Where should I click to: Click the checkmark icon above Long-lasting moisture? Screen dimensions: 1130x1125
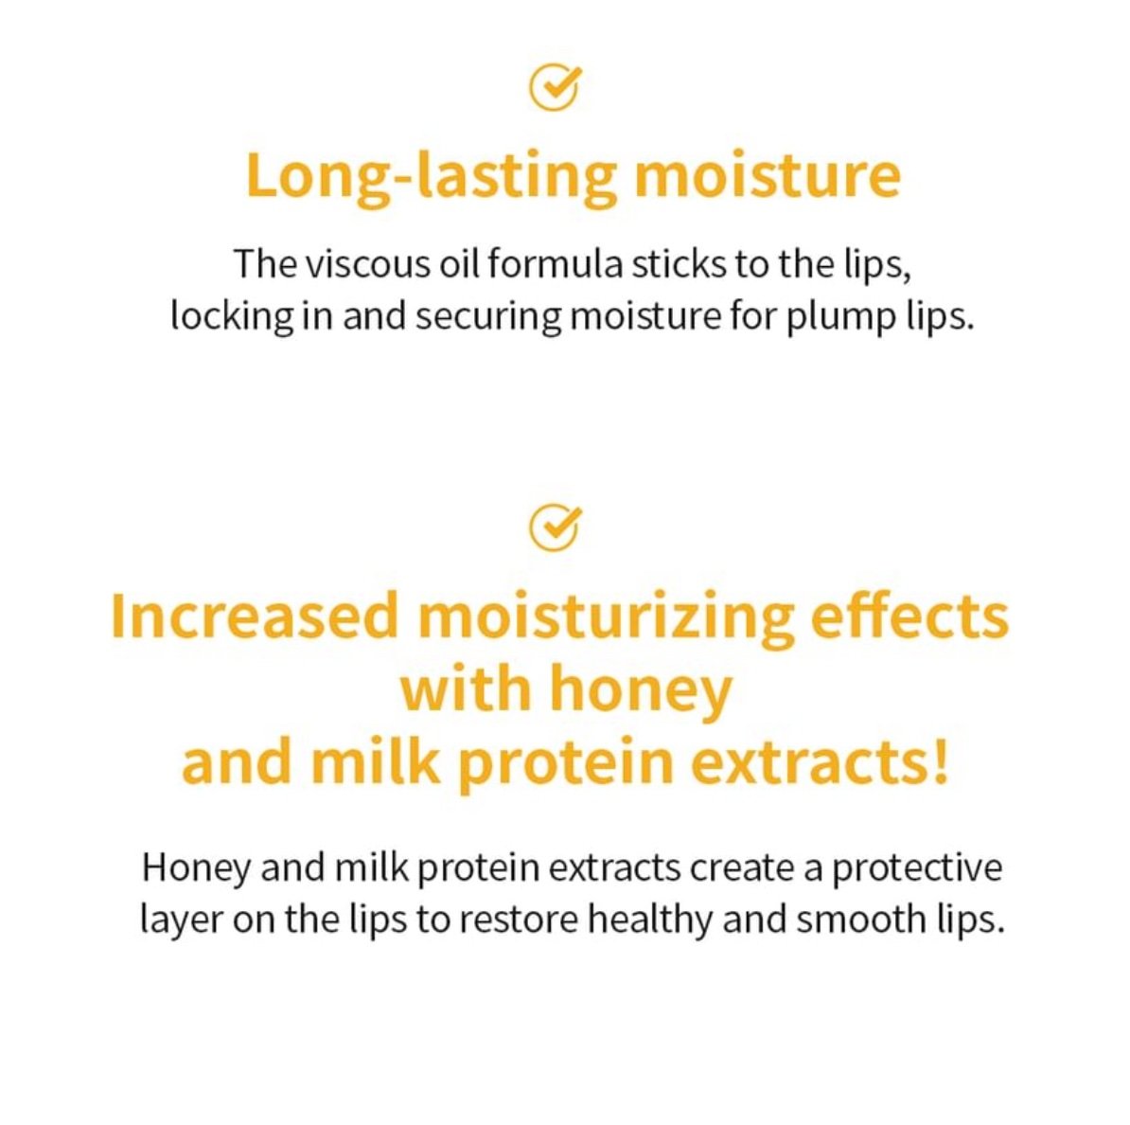(x=554, y=88)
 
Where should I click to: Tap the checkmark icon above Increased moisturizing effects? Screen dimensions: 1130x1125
(x=554, y=527)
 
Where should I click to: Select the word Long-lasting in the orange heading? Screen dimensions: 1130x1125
(x=431, y=177)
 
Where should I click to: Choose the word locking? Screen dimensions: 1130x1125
(x=232, y=317)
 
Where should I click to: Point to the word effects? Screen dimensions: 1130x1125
(x=909, y=616)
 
